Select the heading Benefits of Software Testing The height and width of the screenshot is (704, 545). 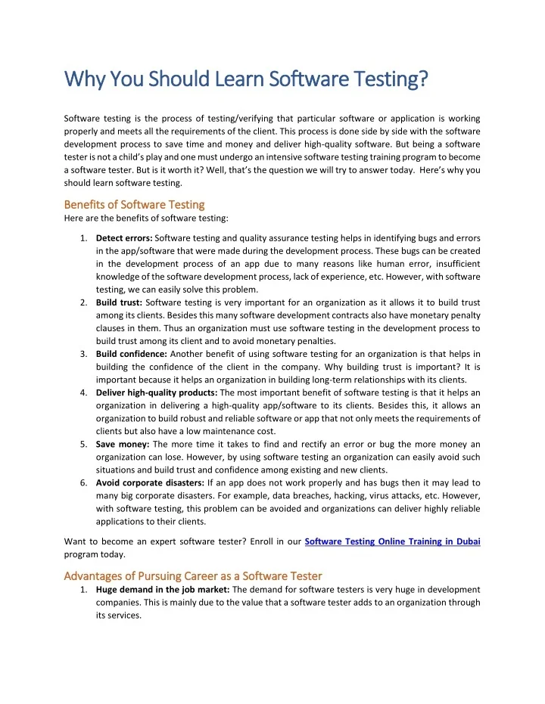134,204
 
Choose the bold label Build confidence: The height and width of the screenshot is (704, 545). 132,354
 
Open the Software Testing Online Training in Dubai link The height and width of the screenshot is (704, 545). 392,541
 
